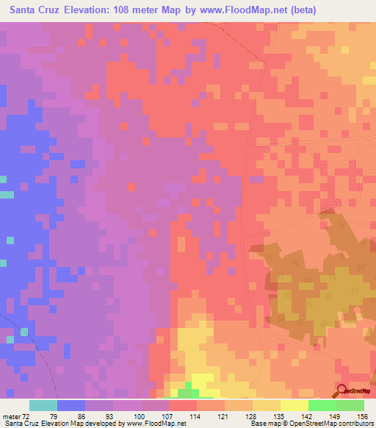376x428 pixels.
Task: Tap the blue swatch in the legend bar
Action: [x=70, y=405]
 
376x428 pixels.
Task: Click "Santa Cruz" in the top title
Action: [x=33, y=10]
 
